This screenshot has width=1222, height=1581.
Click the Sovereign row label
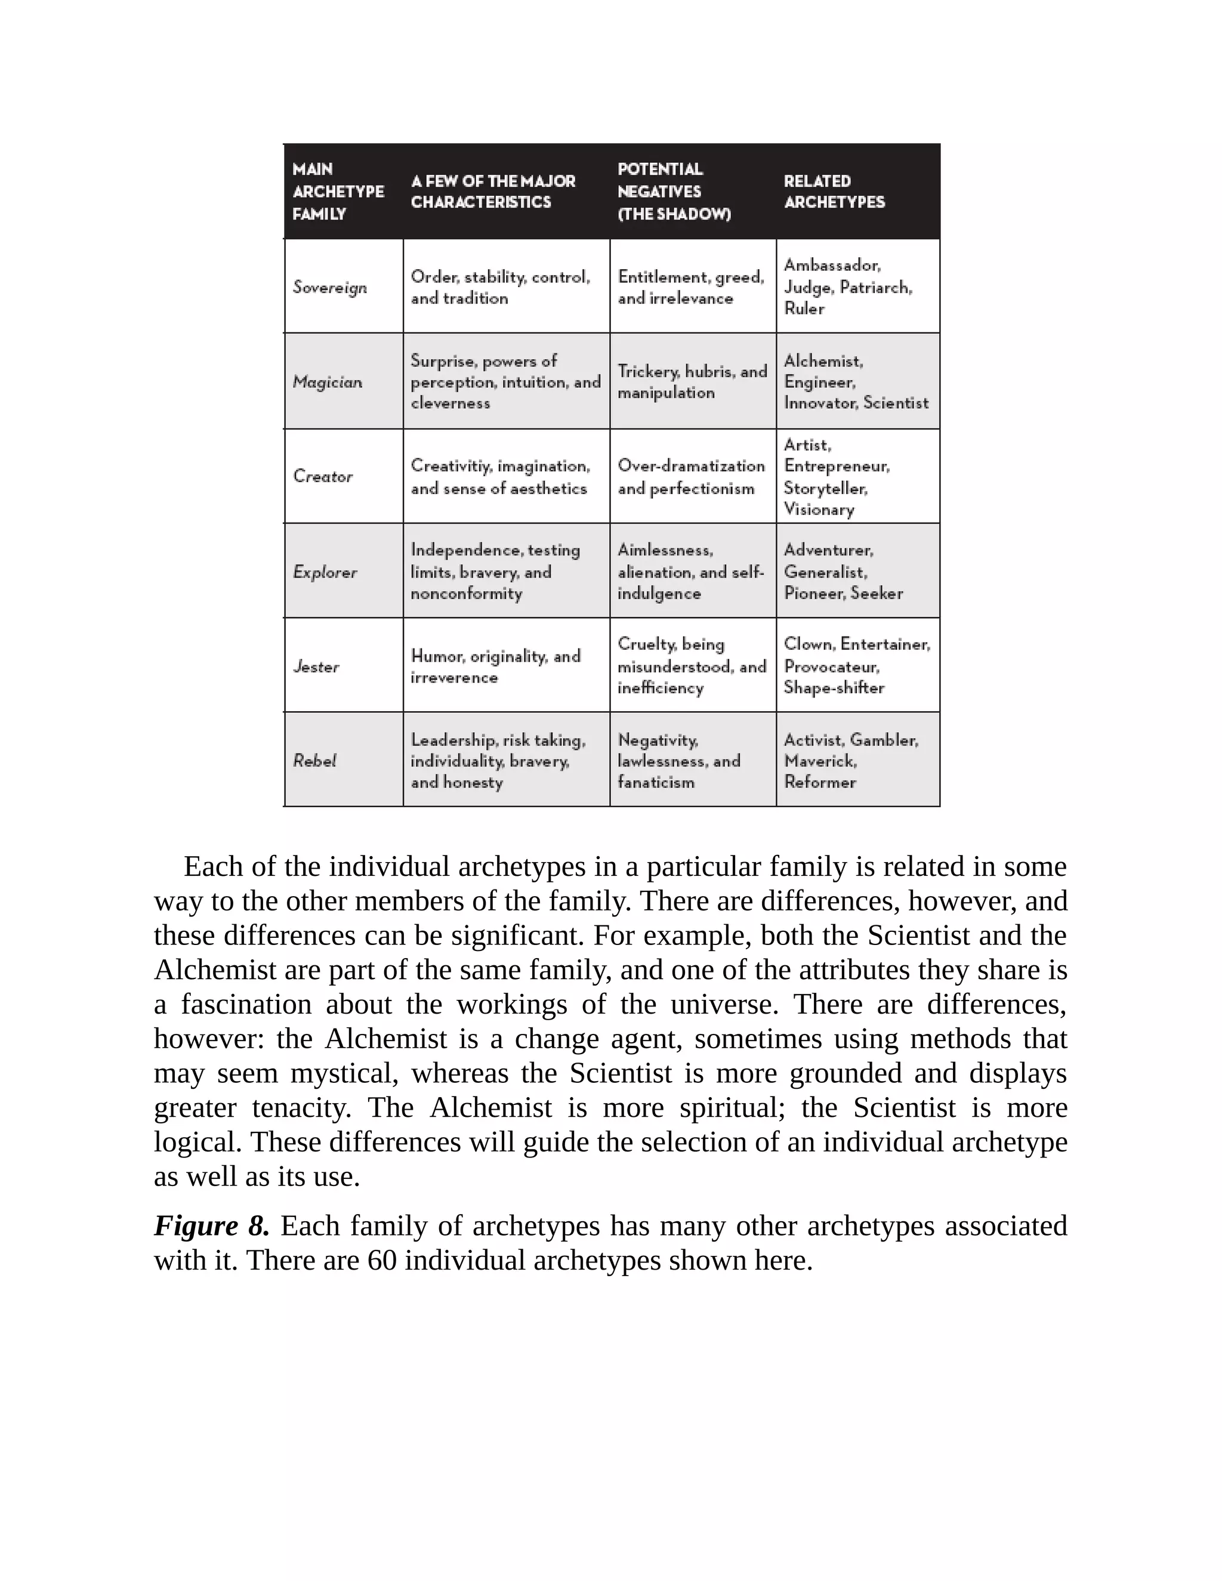(329, 288)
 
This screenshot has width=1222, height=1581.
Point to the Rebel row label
(315, 760)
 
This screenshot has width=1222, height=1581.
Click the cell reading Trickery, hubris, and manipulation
(692, 381)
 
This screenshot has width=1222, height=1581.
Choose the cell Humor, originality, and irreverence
(495, 666)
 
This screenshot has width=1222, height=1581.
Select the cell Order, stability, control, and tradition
(499, 288)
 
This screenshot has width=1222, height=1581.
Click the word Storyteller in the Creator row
(825, 488)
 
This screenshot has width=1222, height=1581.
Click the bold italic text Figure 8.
(211, 1226)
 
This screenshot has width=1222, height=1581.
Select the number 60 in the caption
(382, 1260)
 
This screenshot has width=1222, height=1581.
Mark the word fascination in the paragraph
(246, 1004)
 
